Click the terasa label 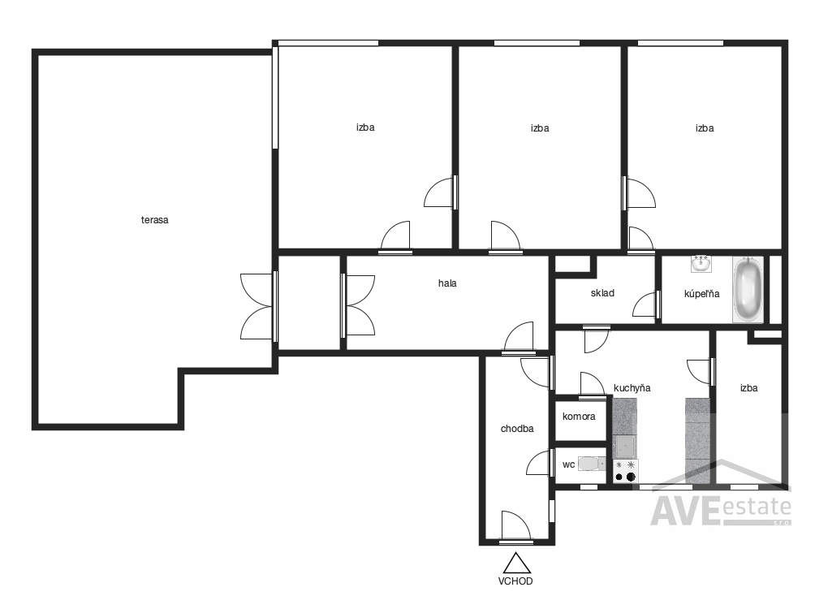point(154,220)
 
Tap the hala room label point(447,283)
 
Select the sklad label point(602,293)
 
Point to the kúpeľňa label point(701,294)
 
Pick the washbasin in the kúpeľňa point(701,264)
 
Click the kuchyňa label point(632,388)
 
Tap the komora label point(579,417)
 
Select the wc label point(568,464)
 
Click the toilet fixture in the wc point(592,464)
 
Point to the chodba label point(516,429)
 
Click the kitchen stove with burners point(625,471)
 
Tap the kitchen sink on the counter point(625,447)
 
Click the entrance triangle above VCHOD point(516,564)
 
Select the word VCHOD point(515,581)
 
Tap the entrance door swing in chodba point(515,526)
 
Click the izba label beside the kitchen point(748,388)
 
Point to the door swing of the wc point(538,462)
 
